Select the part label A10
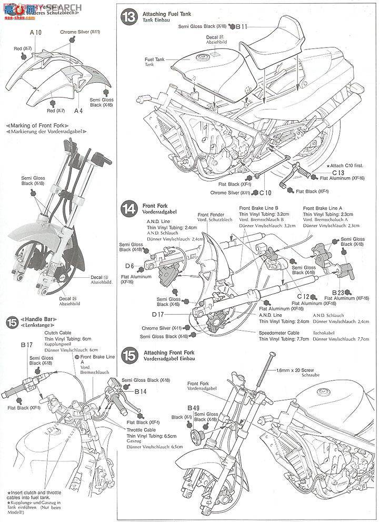(x=35, y=33)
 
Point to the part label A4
(x=79, y=111)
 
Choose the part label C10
(x=265, y=192)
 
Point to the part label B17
(x=27, y=344)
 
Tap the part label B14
(x=140, y=391)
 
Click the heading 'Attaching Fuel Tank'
(x=167, y=12)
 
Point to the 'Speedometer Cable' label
(x=279, y=333)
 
